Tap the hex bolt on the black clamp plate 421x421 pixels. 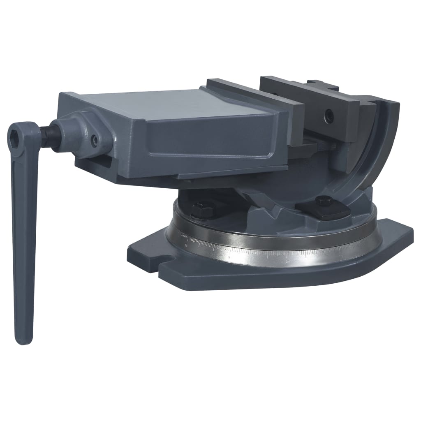tap(324, 201)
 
